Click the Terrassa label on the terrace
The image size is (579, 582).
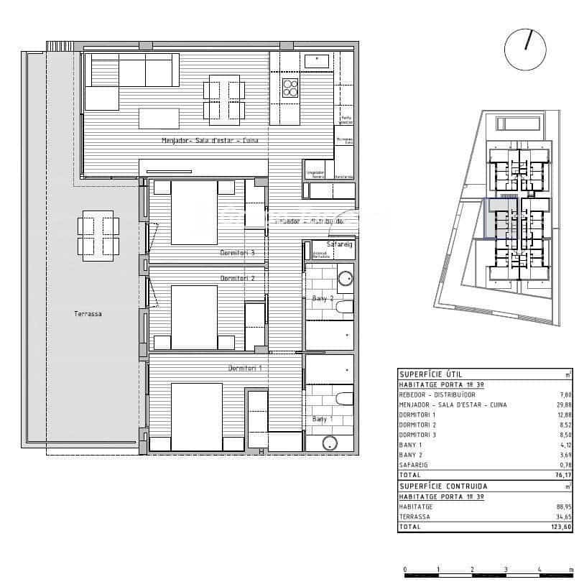coord(88,313)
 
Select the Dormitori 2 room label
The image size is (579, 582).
coord(238,278)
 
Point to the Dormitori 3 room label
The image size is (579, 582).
coord(238,253)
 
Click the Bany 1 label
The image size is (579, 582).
coord(323,419)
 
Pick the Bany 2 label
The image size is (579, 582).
coord(323,298)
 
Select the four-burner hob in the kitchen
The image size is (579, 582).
coord(290,88)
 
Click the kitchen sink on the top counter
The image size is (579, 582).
coord(316,61)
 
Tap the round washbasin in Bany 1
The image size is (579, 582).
coord(330,443)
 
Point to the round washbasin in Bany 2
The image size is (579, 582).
coord(345,278)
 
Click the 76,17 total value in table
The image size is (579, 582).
coord(562,475)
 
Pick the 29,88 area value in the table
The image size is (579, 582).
coord(562,405)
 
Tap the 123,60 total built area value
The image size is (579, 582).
coord(560,527)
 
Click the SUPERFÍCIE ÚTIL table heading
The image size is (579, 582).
coord(430,374)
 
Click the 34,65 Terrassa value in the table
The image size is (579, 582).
coord(562,517)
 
